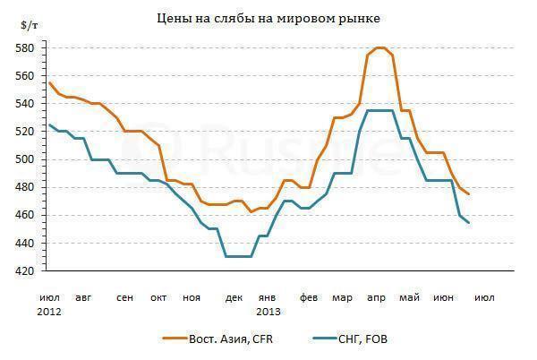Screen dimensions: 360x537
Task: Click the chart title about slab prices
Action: [268, 17]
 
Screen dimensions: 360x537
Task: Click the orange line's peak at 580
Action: [380, 47]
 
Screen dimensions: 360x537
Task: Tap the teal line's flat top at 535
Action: [380, 110]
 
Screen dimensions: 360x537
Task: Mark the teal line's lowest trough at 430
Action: [238, 257]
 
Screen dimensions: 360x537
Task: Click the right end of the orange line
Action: [468, 194]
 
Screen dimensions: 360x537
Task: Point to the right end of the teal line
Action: [468, 222]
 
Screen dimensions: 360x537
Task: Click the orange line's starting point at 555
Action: [49, 82]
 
